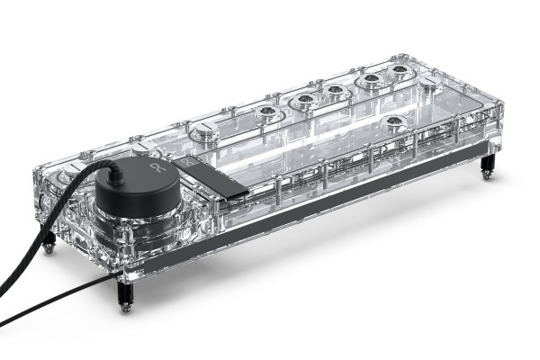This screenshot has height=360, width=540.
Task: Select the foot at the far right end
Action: (x=487, y=166)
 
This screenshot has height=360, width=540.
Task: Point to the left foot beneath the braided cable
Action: (x=49, y=241)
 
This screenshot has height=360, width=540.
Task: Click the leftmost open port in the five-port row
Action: (x=266, y=113)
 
